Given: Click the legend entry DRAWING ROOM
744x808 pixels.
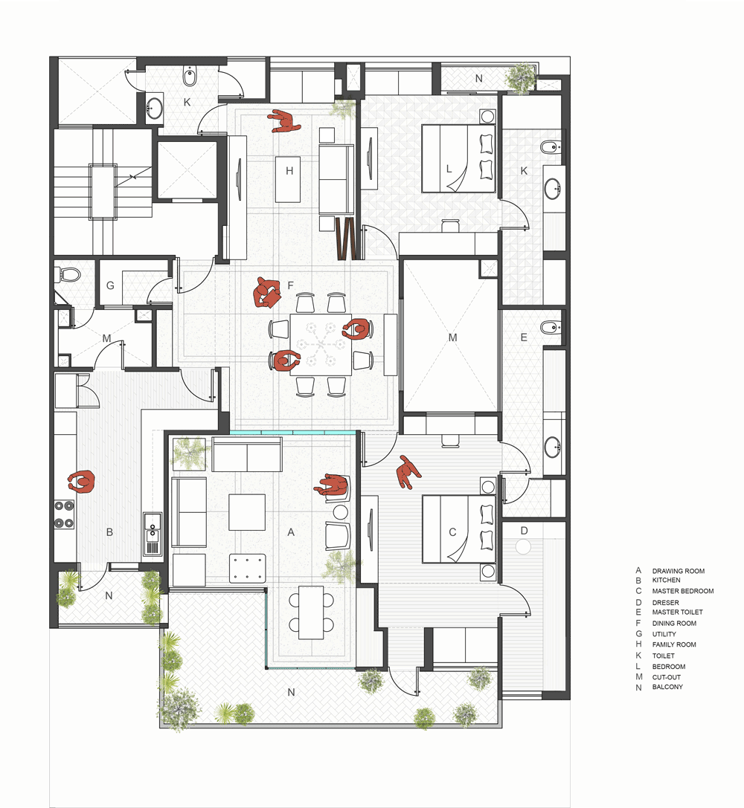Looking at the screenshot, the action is [x=678, y=571].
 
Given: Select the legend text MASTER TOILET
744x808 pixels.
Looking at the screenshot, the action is [x=677, y=613].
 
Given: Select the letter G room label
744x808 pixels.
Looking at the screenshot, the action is [x=110, y=285].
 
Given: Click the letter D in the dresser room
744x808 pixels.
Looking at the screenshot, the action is [x=524, y=531].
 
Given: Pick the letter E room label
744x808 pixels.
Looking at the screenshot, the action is [x=524, y=337].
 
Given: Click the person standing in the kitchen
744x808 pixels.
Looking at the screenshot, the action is [x=81, y=482].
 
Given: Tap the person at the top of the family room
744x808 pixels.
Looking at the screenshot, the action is [x=283, y=121].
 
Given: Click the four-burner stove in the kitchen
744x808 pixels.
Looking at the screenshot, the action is [x=64, y=513].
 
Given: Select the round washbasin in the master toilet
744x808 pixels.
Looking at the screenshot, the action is [x=551, y=447].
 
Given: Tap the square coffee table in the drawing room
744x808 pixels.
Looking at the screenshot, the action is [x=247, y=511].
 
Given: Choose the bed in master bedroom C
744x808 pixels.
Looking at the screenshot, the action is [x=458, y=529].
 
